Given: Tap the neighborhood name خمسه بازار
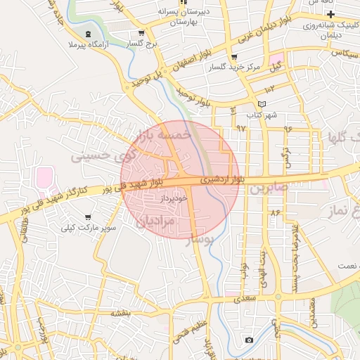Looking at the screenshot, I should (x=166, y=139).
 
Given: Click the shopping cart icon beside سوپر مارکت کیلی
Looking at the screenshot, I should (x=87, y=217).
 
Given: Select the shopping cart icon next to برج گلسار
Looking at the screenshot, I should (x=142, y=33).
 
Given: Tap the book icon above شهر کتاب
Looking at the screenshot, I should (x=262, y=104).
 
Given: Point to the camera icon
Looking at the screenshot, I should (x=249, y=340).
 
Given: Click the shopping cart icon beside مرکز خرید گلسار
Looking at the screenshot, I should (x=234, y=57).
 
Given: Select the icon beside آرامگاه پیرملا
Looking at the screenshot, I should (x=86, y=34).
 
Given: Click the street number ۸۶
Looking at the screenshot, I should (x=274, y=212).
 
